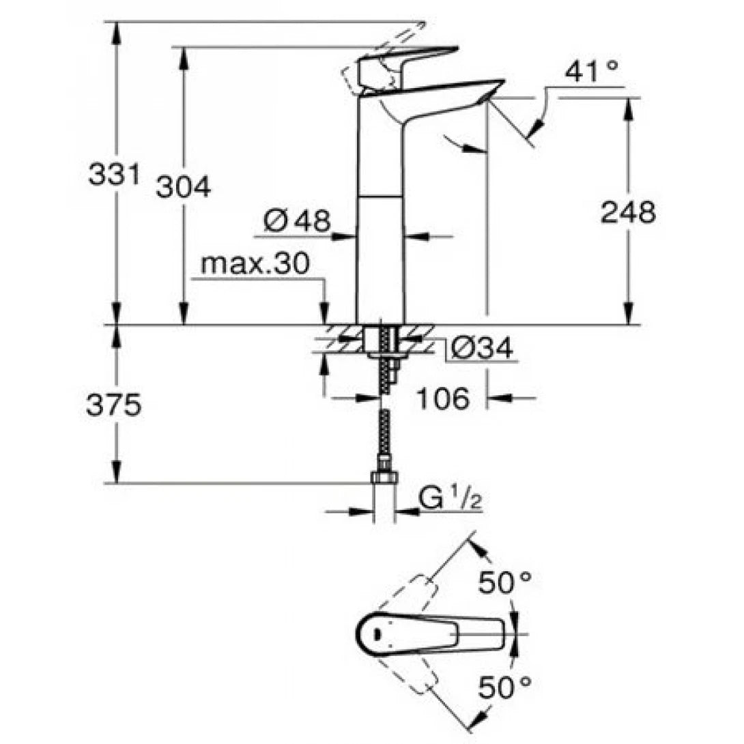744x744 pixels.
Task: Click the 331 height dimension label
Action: pos(113,175)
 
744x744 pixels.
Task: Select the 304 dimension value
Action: pos(183,186)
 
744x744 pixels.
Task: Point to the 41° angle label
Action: pos(590,71)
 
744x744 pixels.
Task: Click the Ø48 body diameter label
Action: pos(297,220)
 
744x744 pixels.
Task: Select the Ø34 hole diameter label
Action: pos(482,349)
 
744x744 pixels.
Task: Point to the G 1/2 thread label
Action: pos(450,500)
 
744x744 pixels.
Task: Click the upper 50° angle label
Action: pos(504,582)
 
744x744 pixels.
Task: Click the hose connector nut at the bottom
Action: pos(385,477)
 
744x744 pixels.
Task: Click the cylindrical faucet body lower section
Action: pos(380,259)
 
